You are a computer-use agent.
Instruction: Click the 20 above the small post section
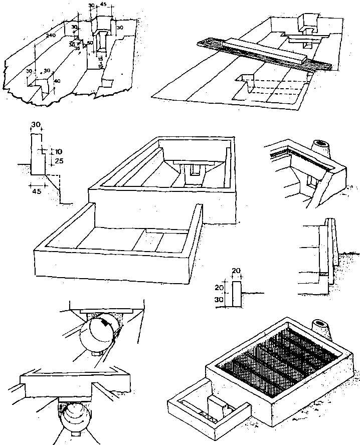(237, 271)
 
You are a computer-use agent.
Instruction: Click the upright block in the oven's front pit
(216, 406)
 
